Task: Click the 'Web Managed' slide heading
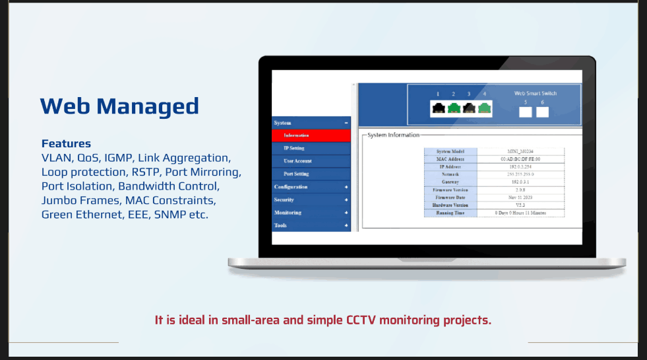pos(119,106)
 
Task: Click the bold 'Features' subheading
pos(66,143)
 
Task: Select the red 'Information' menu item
pos(297,135)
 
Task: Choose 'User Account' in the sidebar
pos(297,161)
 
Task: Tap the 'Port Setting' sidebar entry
pos(296,174)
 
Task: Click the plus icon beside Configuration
pos(346,187)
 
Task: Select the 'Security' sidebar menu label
pos(284,199)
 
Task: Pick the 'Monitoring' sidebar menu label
pos(288,213)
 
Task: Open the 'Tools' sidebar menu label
pos(280,225)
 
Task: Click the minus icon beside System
pos(346,123)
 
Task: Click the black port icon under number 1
pos(437,109)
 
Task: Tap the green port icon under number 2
pos(453,109)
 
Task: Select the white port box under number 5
pos(526,112)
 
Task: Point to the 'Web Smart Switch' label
pos(535,93)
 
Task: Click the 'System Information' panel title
pos(393,135)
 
